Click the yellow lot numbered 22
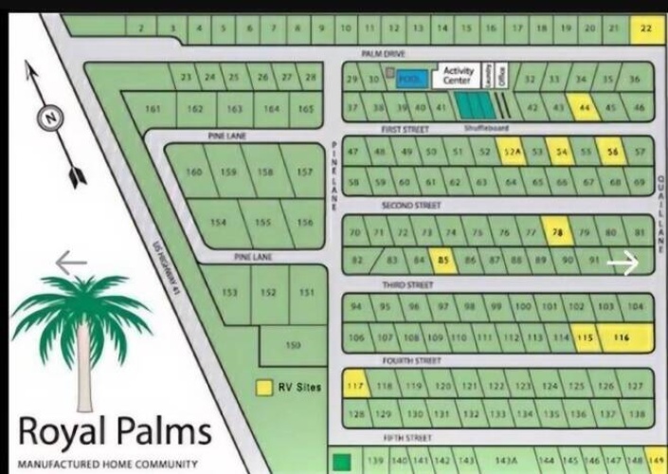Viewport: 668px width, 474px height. point(646,28)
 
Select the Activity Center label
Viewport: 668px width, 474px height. point(457,76)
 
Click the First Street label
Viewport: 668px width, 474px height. point(399,127)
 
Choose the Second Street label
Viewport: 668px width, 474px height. point(411,205)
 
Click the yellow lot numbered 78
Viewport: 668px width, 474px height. point(557,231)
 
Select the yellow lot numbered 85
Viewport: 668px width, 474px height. point(442,258)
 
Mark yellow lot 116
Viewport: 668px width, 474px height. point(623,337)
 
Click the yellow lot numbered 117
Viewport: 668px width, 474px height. point(356,385)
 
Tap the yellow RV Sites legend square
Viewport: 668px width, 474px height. point(265,388)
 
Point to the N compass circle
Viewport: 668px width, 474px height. point(47,118)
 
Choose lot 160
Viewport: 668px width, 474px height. point(194,173)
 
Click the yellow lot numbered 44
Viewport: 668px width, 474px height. point(584,108)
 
